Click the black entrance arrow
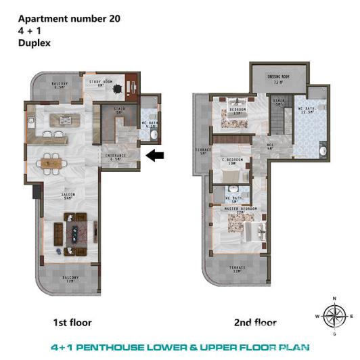point(155,156)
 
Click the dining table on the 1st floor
point(51,162)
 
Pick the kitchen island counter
point(65,120)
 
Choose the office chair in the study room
point(117,88)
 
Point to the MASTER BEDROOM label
point(238,210)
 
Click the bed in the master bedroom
point(254,234)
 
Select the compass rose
point(333,315)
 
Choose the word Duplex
point(34,42)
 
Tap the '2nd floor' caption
point(254,322)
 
